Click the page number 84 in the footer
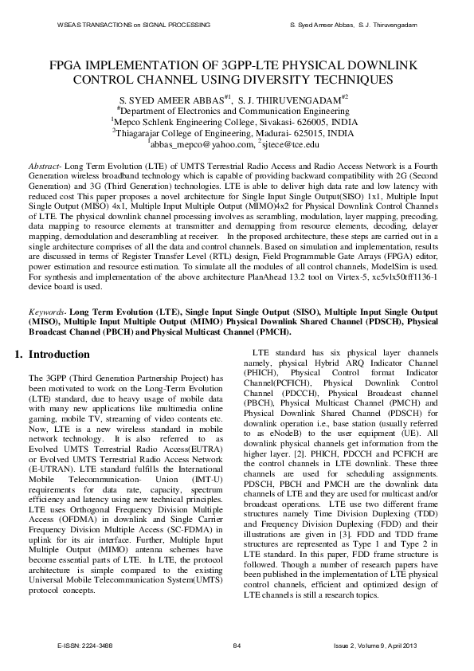236,645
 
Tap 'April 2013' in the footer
402,645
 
